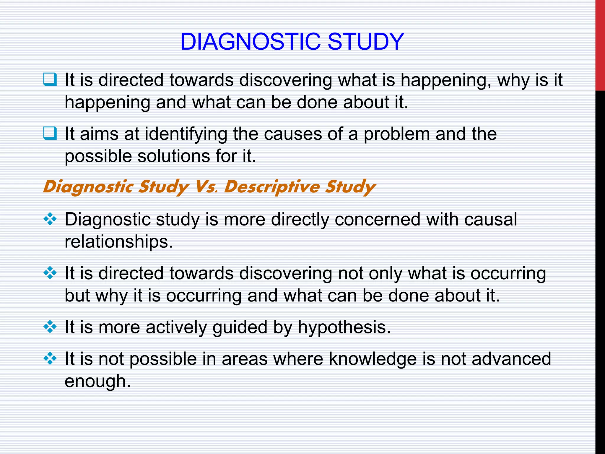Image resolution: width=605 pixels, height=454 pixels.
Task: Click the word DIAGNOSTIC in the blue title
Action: pos(250,42)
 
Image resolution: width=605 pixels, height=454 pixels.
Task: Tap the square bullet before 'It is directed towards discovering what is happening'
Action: pos(50,80)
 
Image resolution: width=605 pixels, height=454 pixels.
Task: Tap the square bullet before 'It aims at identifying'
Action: pos(50,133)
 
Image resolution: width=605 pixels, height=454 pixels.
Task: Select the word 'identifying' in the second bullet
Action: pos(186,134)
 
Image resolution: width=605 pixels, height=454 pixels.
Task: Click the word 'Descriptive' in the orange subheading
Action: pos(271,187)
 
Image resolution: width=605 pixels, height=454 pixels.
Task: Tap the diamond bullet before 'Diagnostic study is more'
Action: pos(50,219)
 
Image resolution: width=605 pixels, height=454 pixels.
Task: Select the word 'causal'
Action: pos(490,220)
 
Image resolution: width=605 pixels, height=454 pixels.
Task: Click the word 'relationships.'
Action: pos(118,242)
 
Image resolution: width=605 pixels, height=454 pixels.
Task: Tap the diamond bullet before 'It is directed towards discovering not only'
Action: pos(50,273)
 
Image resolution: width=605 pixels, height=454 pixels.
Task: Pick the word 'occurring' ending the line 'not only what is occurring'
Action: pos(508,274)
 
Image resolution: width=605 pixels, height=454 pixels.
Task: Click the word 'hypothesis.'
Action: pos(344,328)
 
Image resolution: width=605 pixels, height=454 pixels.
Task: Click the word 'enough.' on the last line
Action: pos(97,381)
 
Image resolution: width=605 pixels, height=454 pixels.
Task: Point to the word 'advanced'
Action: pos(511,359)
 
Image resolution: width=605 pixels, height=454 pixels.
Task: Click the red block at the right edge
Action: pos(600,44)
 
